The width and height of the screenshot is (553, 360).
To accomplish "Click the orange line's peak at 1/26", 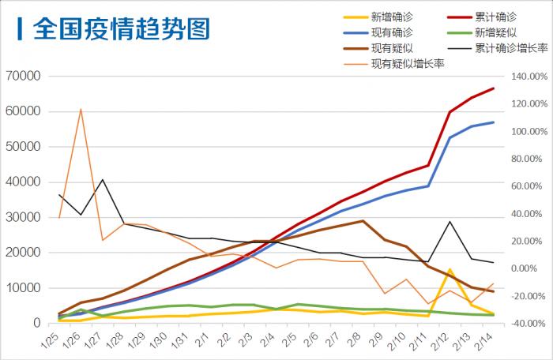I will [81, 109].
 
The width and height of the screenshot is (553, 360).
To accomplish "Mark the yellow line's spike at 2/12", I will [450, 270].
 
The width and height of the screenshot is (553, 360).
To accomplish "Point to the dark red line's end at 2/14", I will [494, 88].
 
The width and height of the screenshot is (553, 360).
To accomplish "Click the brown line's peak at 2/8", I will [362, 221].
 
